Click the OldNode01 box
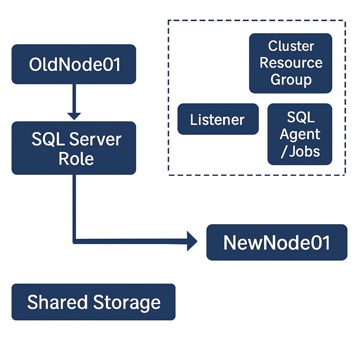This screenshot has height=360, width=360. coord(74,64)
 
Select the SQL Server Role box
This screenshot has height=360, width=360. coord(74,148)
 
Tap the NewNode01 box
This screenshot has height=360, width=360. coord(277,242)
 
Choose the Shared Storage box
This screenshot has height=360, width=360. coord(93,302)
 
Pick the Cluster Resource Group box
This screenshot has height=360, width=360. coord(290,63)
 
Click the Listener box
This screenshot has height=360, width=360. coord(218,119)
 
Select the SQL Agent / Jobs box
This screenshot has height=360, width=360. coord(300,134)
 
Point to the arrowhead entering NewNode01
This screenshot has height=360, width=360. coord(193,242)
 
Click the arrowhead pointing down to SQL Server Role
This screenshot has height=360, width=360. coord(74,116)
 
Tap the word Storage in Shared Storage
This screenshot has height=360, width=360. coord(127,302)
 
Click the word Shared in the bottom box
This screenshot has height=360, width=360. coord(58,302)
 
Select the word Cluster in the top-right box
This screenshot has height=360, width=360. coord(291,46)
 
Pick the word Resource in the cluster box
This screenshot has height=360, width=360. coord(291,63)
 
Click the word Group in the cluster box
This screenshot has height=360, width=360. coord(291,80)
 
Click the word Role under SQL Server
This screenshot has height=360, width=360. coord(76,159)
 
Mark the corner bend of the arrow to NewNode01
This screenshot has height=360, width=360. coord(74,241)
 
